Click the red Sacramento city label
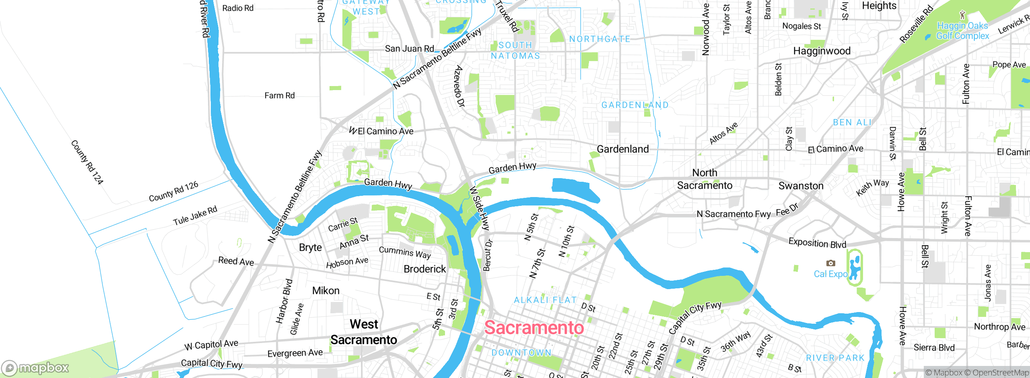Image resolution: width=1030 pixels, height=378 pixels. (x=534, y=328)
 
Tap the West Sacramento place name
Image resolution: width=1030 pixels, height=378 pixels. (x=364, y=332)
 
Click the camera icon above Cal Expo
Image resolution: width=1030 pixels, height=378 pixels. (x=830, y=263)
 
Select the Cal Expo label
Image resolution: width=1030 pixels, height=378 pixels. (x=830, y=274)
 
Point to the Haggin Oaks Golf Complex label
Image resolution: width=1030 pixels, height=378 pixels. (x=962, y=31)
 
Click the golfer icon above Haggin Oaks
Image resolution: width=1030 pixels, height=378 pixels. (x=962, y=15)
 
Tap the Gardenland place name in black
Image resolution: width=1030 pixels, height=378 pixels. (x=622, y=149)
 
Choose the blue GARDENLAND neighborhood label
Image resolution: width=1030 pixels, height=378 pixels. (x=635, y=105)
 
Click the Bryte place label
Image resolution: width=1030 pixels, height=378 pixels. (x=310, y=248)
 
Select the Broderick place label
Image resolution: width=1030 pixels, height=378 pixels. (x=424, y=269)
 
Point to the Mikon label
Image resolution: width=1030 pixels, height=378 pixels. (x=325, y=291)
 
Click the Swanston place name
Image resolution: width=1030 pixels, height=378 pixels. (x=801, y=186)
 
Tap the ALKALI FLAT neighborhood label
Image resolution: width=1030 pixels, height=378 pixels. (x=545, y=300)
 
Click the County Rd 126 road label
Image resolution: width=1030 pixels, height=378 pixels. (x=173, y=191)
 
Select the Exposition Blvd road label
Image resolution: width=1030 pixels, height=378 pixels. (x=817, y=243)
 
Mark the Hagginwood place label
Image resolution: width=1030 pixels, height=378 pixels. (x=822, y=51)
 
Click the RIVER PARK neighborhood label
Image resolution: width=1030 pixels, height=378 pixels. (x=835, y=358)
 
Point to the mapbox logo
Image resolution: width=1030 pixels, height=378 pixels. (x=35, y=368)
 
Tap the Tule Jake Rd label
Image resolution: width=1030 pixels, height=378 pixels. (x=195, y=216)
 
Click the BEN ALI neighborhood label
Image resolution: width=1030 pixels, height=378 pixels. (x=852, y=123)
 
